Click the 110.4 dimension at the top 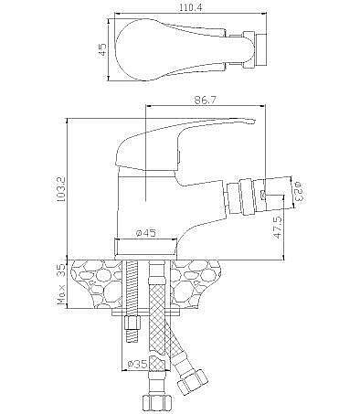pos(190,8)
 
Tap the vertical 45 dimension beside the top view pos(103,49)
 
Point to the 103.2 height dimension pos(61,189)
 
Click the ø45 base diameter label pos(145,233)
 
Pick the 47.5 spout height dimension pos(278,228)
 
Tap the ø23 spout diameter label pos(299,191)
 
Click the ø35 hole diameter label pos(137,364)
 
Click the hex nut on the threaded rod pos(132,323)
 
